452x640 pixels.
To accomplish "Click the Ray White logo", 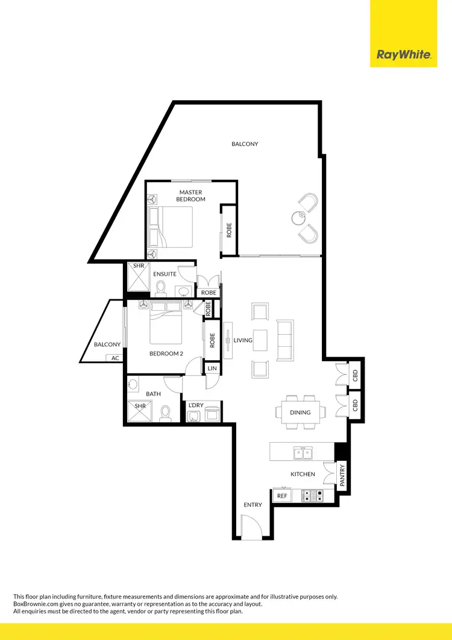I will pos(403,55).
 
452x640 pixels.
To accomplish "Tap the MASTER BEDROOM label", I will pos(190,195).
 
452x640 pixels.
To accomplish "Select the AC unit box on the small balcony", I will pos(115,358).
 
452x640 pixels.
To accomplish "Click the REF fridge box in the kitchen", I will pos(281,496).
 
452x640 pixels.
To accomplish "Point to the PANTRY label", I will pos(342,474).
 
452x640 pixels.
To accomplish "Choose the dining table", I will pos(300,413).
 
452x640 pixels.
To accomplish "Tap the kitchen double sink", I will pos(303,452).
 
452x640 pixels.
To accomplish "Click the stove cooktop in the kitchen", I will pos(312,495).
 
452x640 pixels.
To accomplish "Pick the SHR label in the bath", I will pos(140,406).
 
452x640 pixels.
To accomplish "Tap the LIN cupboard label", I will pos(212,368).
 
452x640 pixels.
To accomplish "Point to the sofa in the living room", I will pos(284,340).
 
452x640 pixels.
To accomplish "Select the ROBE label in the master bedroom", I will pos(229,230).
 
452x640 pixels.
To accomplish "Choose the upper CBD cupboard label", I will pos(355,375).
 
